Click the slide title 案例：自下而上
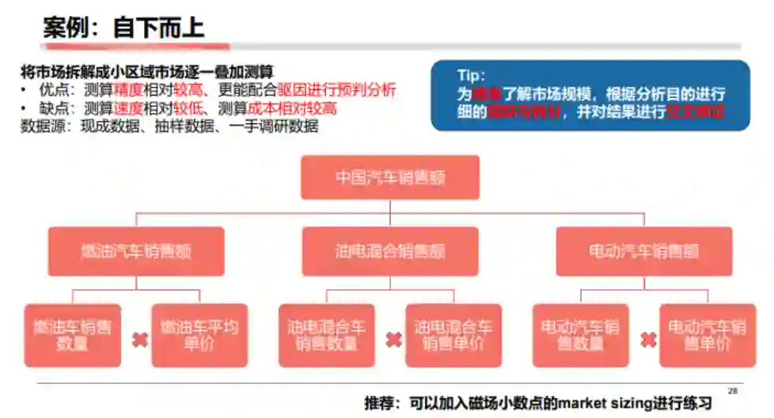(x=124, y=28)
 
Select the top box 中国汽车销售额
(x=389, y=177)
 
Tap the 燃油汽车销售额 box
(x=136, y=251)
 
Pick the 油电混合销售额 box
(x=389, y=251)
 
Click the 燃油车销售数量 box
(x=72, y=335)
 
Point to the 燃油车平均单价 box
(x=199, y=335)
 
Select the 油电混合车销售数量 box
(x=326, y=335)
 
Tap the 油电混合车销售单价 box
(x=453, y=335)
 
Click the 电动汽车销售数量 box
(x=579, y=335)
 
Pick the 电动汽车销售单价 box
(x=707, y=335)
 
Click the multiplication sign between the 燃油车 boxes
(x=140, y=340)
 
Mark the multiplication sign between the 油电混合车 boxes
(x=393, y=340)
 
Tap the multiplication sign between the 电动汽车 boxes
(x=647, y=340)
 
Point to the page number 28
(x=732, y=390)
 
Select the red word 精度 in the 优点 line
(x=127, y=89)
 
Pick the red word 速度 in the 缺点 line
(x=127, y=107)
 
